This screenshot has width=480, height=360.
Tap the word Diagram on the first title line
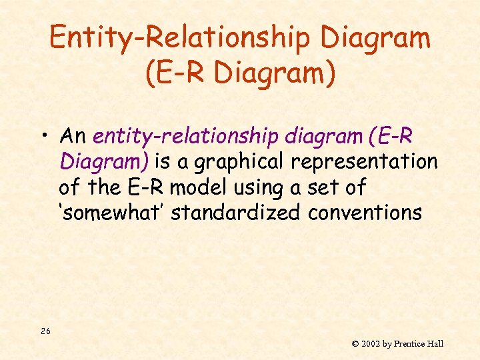(375, 38)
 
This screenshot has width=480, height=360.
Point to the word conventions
(365, 213)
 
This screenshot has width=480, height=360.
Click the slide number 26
(45, 331)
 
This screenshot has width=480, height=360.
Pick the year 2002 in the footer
(370, 344)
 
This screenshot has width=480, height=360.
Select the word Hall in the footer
(437, 344)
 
